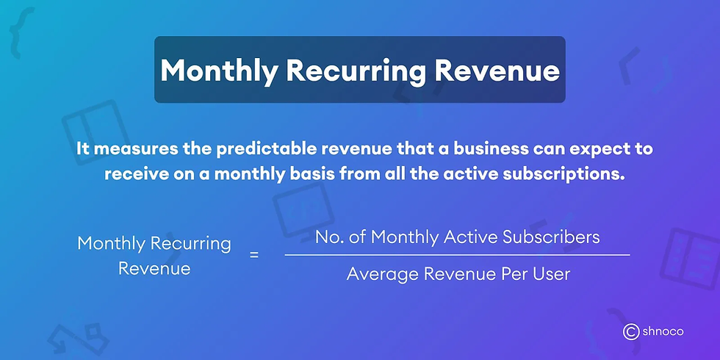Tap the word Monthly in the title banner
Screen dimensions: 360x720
tap(219, 70)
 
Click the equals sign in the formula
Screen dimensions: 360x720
tap(255, 255)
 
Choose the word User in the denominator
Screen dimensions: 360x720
tap(551, 274)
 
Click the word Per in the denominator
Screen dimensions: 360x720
tap(510, 274)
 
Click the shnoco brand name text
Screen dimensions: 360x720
tap(663, 332)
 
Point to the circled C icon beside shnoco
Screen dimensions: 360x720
tap(630, 332)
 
